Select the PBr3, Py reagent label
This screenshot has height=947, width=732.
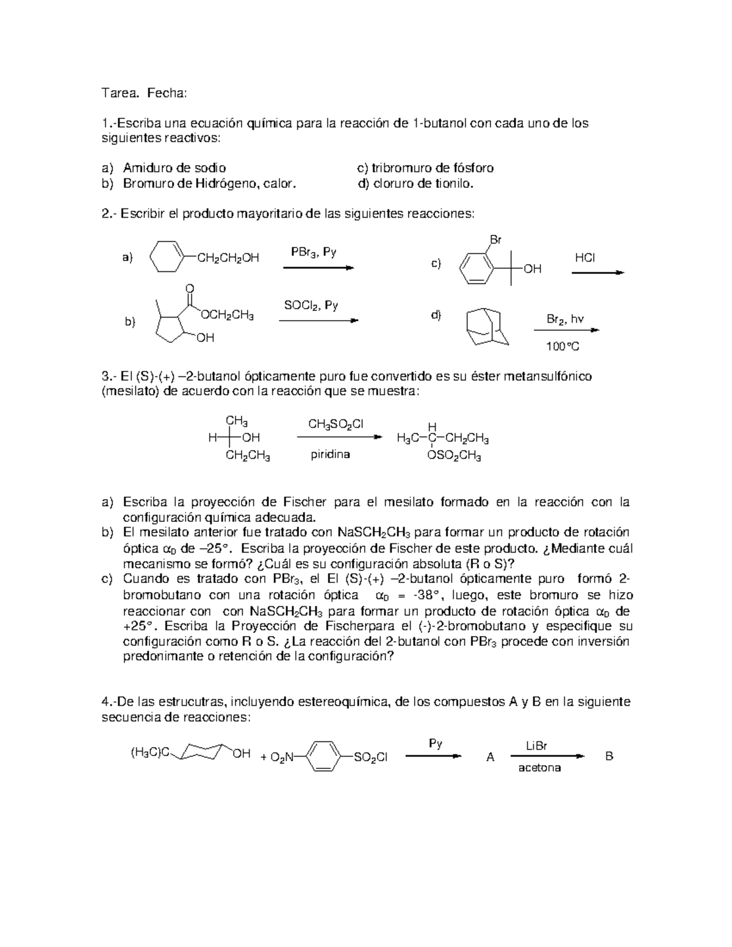[314, 252]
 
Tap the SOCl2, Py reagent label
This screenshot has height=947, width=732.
[311, 305]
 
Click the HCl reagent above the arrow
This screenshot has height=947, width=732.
[584, 258]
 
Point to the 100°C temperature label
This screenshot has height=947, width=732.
[562, 347]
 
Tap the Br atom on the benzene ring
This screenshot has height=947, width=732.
[496, 240]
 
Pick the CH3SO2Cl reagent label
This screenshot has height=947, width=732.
[336, 424]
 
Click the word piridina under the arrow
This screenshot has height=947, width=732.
[330, 454]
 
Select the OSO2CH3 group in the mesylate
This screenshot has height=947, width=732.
[454, 456]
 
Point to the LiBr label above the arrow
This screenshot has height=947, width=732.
[536, 746]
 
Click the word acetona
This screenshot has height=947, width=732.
[539, 768]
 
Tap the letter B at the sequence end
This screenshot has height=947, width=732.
[609, 756]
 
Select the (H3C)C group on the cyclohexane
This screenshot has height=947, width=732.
[146, 754]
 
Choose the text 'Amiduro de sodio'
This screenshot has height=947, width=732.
[174, 168]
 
